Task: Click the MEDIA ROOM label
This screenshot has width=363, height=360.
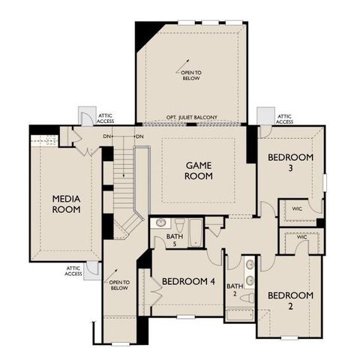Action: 66,203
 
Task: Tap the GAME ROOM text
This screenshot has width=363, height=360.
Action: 199,170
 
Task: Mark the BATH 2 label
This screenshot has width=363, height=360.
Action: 235,289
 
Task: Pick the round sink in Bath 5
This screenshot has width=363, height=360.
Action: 160,223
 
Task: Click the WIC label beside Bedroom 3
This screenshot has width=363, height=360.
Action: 297,208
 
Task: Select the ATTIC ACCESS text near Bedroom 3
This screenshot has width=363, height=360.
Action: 284,119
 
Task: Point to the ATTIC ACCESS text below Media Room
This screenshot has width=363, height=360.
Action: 73,271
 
